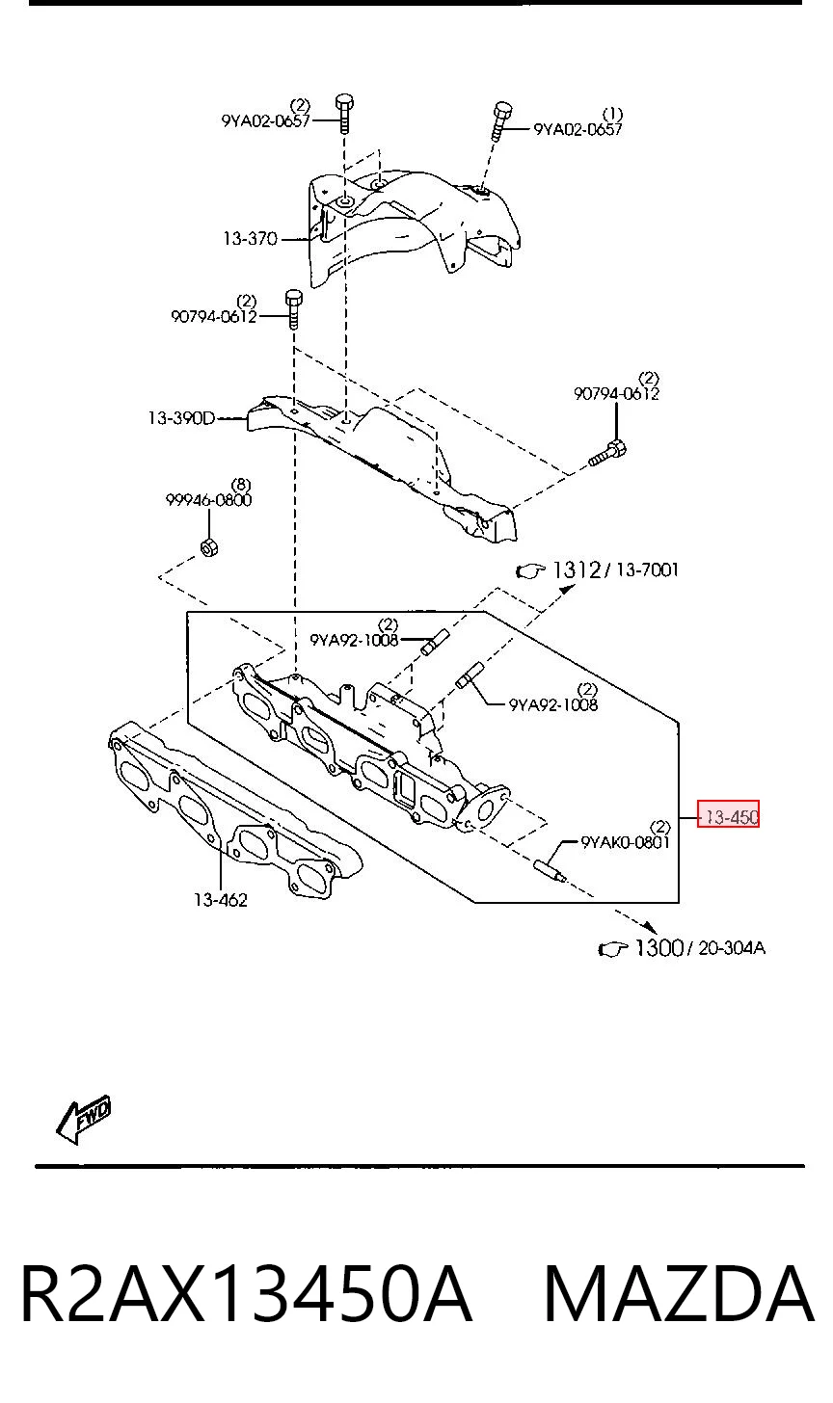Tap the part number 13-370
coord(250,239)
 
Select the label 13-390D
coord(182,418)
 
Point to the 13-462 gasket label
coord(221,900)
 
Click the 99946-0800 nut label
coord(208,500)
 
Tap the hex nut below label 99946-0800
coord(208,546)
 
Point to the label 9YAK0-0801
coord(626,842)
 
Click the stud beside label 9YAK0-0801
coord(550,871)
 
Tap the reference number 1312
coord(577,570)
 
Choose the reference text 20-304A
coord(732,948)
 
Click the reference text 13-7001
coord(648,570)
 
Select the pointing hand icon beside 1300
coord(612,949)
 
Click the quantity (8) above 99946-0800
coord(241,484)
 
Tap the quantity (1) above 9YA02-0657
coord(612,115)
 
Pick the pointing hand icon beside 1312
coord(530,571)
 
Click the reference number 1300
coord(659,947)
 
